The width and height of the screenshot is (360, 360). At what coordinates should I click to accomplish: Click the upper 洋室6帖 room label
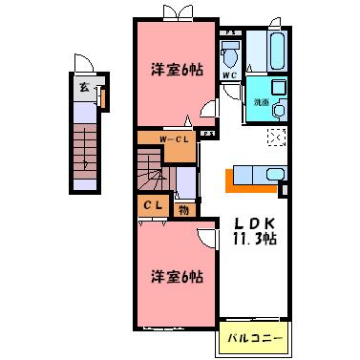click(x=176, y=69)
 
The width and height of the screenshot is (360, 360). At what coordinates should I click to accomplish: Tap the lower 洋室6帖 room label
click(x=176, y=277)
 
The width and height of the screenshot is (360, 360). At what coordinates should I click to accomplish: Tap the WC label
click(x=229, y=74)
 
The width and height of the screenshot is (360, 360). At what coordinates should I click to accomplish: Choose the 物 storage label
click(x=182, y=207)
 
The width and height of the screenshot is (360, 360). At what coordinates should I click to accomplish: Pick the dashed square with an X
click(x=276, y=138)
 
